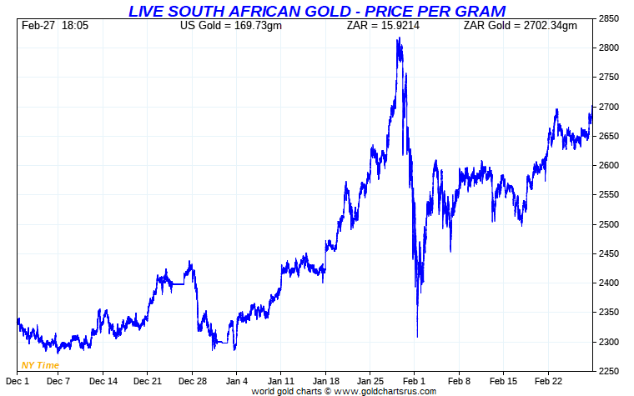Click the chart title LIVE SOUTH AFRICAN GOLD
[x=316, y=11]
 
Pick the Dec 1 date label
[x=18, y=381]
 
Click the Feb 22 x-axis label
[x=548, y=381]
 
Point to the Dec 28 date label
[x=192, y=381]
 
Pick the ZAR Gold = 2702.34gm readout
[x=520, y=26]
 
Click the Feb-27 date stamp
[x=37, y=26]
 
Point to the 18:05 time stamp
[x=75, y=26]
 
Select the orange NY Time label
[x=40, y=365]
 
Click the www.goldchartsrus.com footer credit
[x=344, y=390]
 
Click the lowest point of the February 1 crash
[x=417, y=337]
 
